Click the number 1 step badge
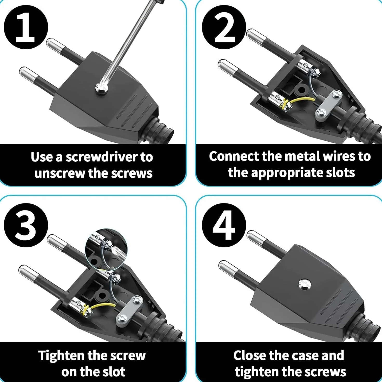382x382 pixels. click(x=26, y=27)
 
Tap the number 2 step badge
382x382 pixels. click(x=224, y=27)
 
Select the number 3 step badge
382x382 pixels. click(x=26, y=225)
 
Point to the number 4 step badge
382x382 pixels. click(x=224, y=225)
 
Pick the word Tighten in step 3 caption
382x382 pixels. click(x=61, y=355)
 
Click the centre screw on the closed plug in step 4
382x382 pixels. click(x=305, y=285)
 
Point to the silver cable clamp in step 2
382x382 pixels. click(x=328, y=105)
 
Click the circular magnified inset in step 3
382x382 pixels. click(x=106, y=249)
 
